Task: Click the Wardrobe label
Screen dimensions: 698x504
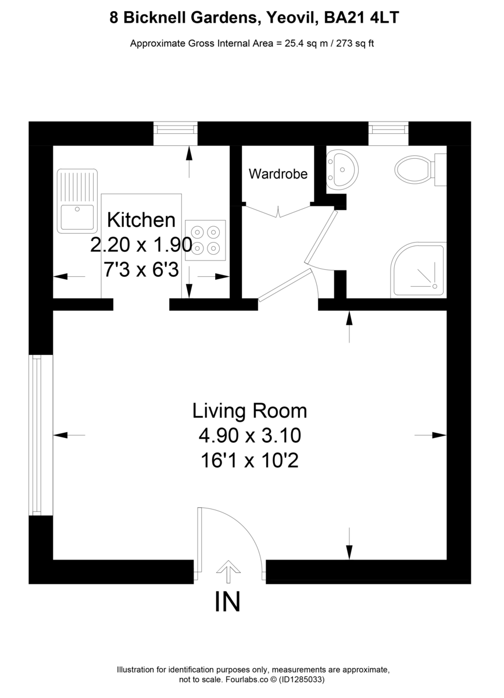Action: pos(278,173)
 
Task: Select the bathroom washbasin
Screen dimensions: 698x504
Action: pos(342,169)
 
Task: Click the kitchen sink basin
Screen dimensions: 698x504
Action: pos(77,216)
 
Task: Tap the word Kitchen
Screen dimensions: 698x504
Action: pos(142,220)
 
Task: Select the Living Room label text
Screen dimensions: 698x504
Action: pos(249,411)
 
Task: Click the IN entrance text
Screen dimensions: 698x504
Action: pos(227,602)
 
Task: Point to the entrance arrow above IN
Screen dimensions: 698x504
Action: pos(227,571)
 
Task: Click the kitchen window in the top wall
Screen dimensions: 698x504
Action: pos(175,134)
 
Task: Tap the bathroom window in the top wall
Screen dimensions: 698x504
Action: pos(389,134)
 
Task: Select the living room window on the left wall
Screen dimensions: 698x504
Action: pos(37,434)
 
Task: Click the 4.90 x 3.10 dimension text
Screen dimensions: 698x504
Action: pos(249,435)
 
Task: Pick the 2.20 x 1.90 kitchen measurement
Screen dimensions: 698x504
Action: pos(141,245)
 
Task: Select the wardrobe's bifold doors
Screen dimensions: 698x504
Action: pos(278,211)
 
